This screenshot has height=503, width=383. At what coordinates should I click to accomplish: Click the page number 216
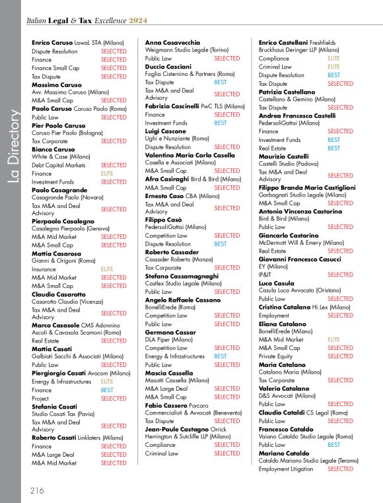[x=36, y=490]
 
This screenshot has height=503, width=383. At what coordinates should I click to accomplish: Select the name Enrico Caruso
[x=52, y=42]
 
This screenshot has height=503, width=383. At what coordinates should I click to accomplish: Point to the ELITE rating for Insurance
[x=107, y=269]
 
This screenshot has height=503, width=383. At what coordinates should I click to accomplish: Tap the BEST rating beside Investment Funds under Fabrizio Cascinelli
[x=220, y=123]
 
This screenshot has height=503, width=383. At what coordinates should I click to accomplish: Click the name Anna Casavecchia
[x=172, y=42]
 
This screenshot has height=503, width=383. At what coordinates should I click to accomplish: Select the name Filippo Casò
[x=163, y=219]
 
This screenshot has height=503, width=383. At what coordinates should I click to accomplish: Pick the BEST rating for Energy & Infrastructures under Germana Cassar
[x=220, y=356]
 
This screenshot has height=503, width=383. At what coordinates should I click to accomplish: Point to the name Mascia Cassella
[x=169, y=373]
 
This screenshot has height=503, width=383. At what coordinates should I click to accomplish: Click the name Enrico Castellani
[x=283, y=42]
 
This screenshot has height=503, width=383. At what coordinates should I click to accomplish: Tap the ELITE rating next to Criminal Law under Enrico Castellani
[x=333, y=67]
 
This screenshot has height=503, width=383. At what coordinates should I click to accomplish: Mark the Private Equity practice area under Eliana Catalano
[x=277, y=356]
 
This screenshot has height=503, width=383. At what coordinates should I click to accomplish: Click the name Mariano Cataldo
[x=283, y=453]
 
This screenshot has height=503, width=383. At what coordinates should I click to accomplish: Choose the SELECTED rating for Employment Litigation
[x=340, y=469]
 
